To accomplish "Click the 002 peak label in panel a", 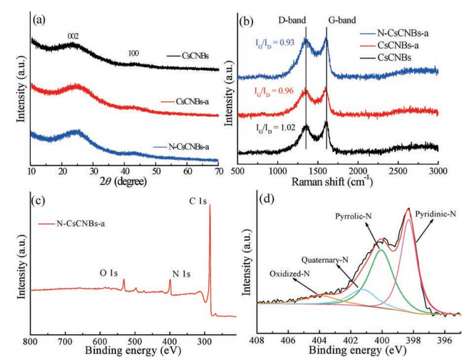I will [73, 36].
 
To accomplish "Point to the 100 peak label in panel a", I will [133, 53].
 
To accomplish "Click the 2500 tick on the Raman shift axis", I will [398, 170].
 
